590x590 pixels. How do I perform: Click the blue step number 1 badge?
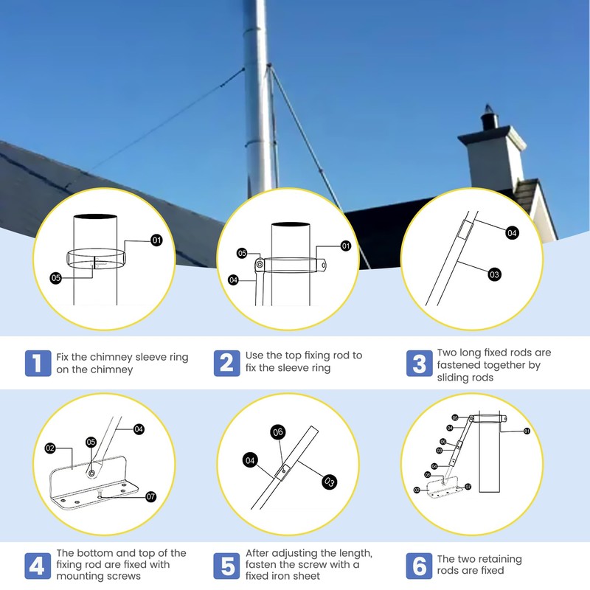38,363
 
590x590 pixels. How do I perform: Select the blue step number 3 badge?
419,363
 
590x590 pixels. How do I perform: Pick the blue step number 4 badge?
38,566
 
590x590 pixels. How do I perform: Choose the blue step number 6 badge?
419,566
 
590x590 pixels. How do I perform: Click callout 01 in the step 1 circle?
156,240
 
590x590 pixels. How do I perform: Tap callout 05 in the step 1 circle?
56,278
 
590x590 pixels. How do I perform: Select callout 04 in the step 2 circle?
233,280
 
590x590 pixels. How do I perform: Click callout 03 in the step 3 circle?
494,274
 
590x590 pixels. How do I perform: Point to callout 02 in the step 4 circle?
51,448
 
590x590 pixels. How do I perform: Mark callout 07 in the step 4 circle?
151,496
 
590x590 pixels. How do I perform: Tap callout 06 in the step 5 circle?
278,431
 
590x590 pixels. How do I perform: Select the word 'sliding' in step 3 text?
456,377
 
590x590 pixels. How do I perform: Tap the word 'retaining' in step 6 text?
496,559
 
